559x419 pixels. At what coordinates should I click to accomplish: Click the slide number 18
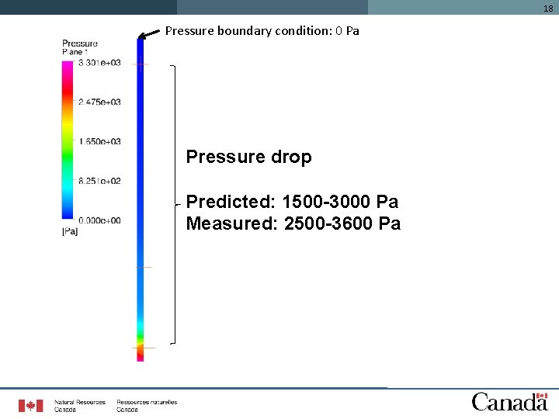pos(548,9)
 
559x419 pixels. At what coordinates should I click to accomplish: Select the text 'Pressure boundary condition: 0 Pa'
pos(262,31)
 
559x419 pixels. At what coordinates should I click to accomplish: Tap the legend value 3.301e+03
pos(99,63)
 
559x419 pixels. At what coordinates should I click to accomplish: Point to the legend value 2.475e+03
pos(99,102)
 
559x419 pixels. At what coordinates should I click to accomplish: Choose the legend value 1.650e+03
pos(99,142)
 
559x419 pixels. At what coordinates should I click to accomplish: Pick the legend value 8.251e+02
pos(99,181)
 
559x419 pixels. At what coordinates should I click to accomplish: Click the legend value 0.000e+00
pos(99,220)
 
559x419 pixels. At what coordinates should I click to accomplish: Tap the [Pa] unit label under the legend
pos(69,231)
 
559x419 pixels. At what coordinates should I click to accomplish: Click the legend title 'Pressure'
pos(79,44)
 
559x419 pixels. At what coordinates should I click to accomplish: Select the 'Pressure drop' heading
pos(248,157)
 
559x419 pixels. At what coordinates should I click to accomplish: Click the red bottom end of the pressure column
pos(141,355)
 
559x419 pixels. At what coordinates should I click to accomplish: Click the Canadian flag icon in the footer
pos(31,405)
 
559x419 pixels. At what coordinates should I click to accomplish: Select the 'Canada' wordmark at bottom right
pos(509,401)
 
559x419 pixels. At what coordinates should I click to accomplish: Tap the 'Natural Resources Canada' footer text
pos(79,406)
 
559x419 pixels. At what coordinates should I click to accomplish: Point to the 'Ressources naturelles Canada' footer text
pos(147,406)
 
